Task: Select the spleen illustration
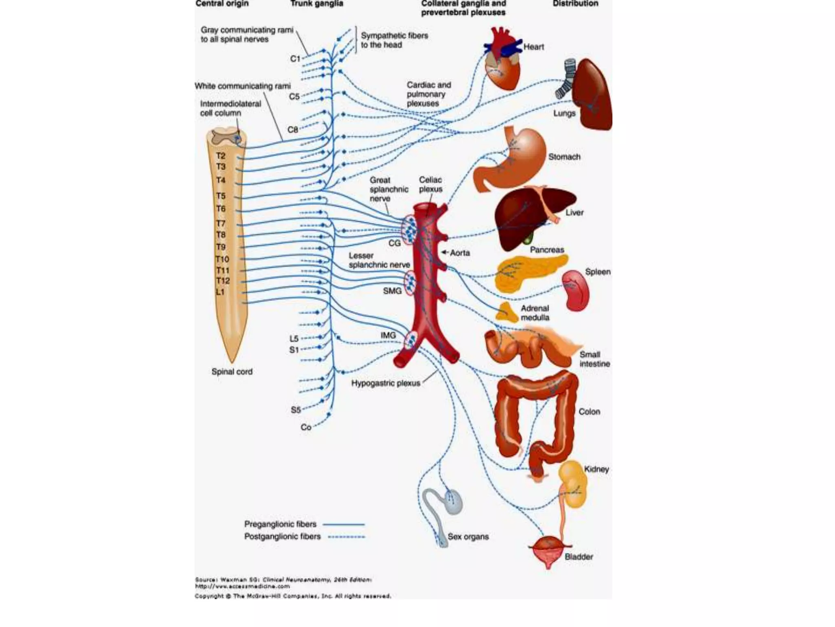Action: pos(575,290)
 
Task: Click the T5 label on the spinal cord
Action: pos(221,196)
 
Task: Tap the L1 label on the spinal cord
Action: pos(220,292)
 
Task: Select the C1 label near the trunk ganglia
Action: pos(295,59)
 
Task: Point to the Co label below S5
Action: pos(306,427)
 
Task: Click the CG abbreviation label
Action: pos(394,243)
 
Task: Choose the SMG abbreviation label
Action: pos(392,291)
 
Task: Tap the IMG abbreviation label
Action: pos(388,336)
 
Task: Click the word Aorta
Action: pos(460,253)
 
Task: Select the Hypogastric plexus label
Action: pos(386,383)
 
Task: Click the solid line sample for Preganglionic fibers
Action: pos(343,525)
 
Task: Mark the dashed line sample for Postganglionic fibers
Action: pos(347,537)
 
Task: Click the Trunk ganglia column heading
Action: pos(317,4)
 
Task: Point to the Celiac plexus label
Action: pos(431,185)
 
